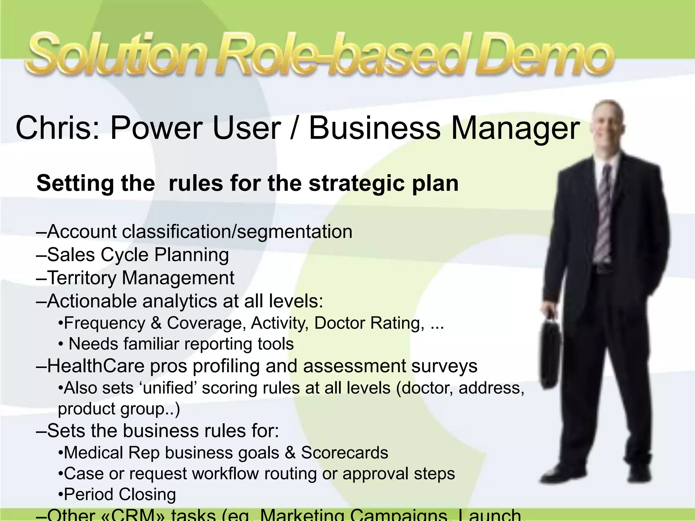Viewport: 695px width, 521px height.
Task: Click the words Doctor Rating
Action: pyautogui.click(x=369, y=323)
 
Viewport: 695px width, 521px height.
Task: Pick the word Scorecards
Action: pyautogui.click(x=344, y=453)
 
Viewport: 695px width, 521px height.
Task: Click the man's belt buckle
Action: pyautogui.click(x=603, y=268)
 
